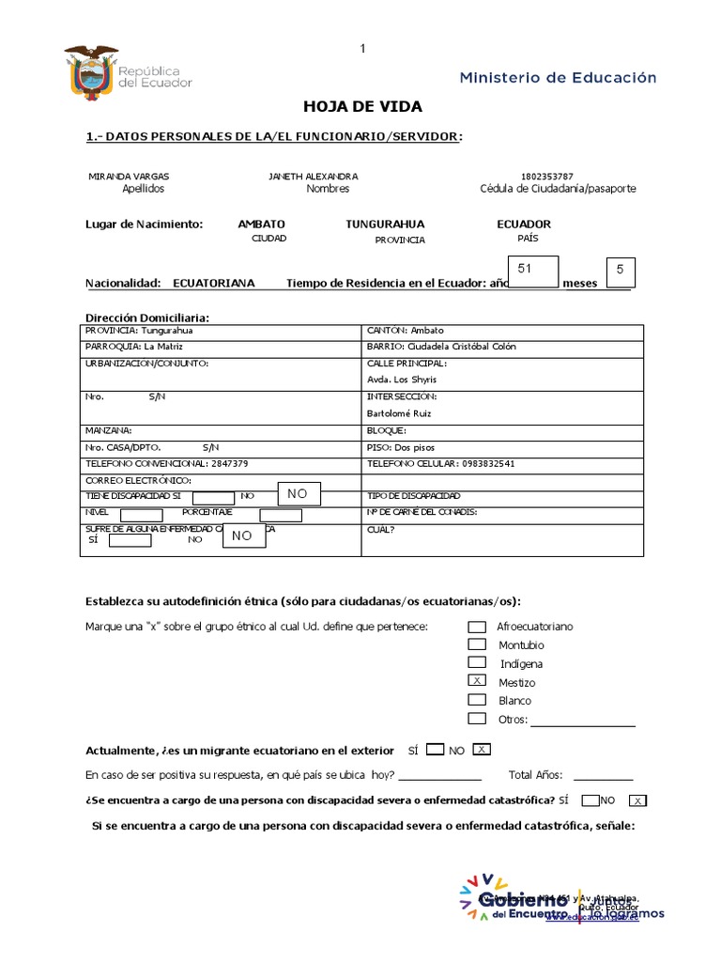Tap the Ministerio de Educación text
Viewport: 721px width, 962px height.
(558, 78)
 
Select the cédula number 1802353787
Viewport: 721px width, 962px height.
(546, 176)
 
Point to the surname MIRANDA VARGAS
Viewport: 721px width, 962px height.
(129, 176)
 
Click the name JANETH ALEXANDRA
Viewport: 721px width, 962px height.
(313, 176)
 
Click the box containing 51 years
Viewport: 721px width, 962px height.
(532, 270)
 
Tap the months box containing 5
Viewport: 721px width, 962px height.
(620, 271)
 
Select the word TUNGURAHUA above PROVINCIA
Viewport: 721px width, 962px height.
(385, 225)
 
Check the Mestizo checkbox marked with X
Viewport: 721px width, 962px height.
(477, 681)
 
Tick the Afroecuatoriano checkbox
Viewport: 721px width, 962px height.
(477, 626)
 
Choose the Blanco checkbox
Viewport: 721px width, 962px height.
(477, 700)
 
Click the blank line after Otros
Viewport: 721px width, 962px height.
(583, 721)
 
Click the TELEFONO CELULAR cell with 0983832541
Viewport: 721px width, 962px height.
(502, 463)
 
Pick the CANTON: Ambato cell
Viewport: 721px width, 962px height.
(502, 331)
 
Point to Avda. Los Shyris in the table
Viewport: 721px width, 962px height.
(401, 380)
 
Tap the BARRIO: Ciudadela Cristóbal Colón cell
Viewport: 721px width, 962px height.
(502, 347)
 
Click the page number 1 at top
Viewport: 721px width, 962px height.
(362, 49)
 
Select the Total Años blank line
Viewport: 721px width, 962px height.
(602, 776)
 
